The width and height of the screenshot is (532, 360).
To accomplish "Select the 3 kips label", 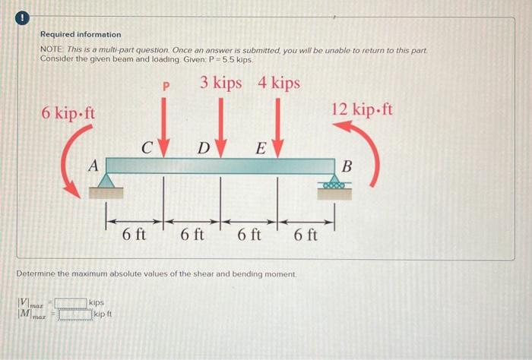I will pyautogui.click(x=221, y=83).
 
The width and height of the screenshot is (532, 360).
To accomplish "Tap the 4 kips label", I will pyautogui.click(x=279, y=83).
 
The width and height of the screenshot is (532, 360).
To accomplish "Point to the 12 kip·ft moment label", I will pyautogui.click(x=363, y=109).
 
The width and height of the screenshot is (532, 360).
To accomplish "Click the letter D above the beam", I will pyautogui.click(x=204, y=147).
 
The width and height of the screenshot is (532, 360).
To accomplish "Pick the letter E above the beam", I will pyautogui.click(x=259, y=147).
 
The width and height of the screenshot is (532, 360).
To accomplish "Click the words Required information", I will pyautogui.click(x=80, y=35).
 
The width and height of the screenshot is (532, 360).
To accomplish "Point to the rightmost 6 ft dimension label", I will pyautogui.click(x=305, y=236).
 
